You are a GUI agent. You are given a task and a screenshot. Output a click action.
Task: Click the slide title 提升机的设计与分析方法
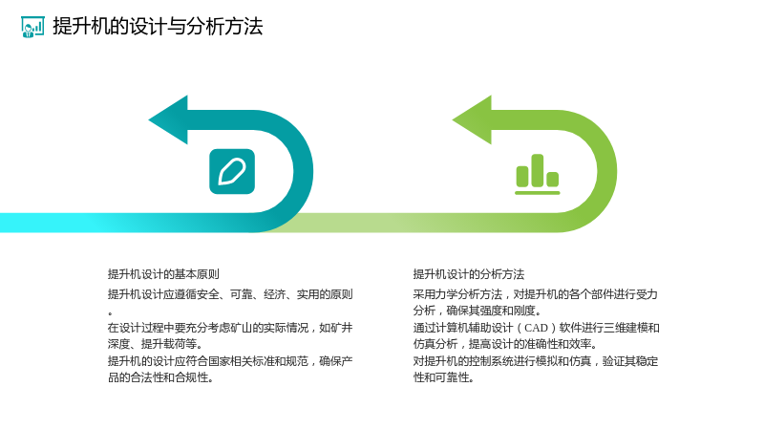pos(158,27)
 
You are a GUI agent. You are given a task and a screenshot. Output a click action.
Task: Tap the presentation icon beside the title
pos(32,27)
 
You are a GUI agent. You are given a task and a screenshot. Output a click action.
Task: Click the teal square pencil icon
pos(232,172)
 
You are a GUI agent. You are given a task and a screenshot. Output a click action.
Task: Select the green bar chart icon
pos(538,175)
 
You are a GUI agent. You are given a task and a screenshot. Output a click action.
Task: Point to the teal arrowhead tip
pos(149,120)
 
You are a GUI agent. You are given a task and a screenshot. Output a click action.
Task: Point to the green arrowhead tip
pos(453,120)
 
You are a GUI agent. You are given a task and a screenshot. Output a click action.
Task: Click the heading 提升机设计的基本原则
pos(163,274)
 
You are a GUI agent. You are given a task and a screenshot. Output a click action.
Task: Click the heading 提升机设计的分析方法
pos(469,274)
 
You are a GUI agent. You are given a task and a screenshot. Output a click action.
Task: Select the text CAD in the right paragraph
pos(536,328)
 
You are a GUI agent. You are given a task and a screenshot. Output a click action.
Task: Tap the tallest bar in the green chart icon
pos(538,170)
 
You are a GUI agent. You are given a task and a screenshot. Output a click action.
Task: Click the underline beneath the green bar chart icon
pos(538,193)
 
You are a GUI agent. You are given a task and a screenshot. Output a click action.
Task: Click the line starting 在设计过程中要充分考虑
pos(230,328)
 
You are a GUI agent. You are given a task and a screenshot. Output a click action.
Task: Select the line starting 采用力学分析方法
pos(536,294)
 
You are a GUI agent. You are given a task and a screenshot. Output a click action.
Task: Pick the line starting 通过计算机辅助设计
pos(536,328)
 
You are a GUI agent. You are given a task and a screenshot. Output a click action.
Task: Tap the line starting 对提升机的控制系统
pos(536,361)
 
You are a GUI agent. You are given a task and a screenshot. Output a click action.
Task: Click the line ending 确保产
pos(230,361)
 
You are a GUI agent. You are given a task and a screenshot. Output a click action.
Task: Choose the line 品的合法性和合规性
pos(160,377)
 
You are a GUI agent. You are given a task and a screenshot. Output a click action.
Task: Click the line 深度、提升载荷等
pos(155,344)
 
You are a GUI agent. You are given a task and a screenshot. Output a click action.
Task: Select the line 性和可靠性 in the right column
pos(443,377)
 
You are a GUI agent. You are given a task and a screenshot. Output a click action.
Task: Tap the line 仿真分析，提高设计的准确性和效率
pos(505,344)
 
